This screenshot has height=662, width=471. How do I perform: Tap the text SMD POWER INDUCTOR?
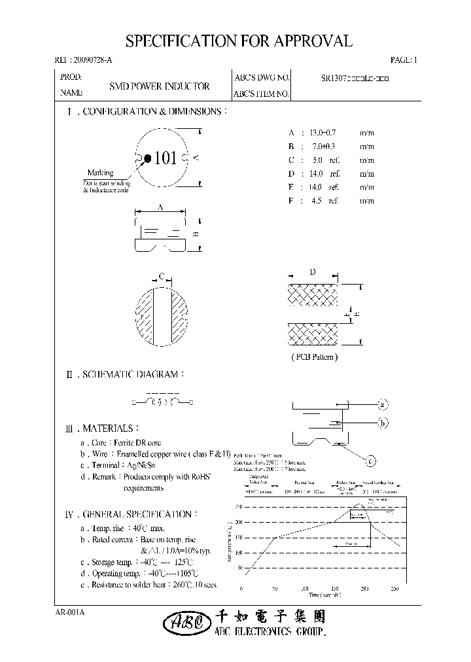[159, 86]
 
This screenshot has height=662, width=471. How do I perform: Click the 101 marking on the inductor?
[166, 158]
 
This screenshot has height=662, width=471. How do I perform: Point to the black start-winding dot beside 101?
[148, 158]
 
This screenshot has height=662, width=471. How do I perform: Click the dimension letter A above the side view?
[161, 207]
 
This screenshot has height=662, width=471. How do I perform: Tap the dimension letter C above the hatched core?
[160, 275]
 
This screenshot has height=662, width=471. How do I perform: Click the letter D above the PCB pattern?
[313, 272]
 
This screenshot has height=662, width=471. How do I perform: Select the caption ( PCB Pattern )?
[313, 357]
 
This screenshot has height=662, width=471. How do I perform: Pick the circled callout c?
[370, 462]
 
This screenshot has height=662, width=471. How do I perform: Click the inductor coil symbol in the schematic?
[161, 401]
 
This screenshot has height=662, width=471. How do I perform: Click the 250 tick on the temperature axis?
[237, 507]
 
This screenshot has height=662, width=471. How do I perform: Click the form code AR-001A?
[70, 612]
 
